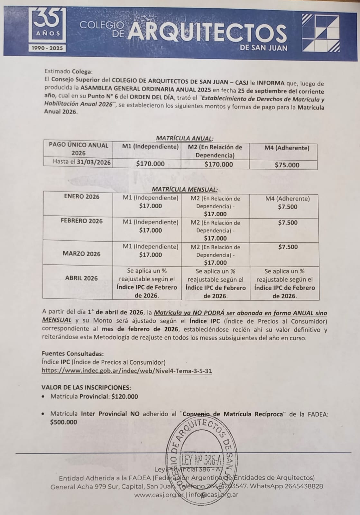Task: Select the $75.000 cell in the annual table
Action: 287,165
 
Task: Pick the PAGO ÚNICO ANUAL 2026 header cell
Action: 78,149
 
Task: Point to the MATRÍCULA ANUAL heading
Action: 185,138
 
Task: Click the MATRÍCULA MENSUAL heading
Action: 185,190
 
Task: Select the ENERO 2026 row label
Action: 82,197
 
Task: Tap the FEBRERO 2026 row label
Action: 82,221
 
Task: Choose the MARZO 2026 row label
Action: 81,254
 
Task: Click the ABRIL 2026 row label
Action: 81,278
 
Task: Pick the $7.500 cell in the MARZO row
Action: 288,247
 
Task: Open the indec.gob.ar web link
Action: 127,371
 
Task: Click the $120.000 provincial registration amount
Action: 125,397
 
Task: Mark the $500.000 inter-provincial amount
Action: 64,422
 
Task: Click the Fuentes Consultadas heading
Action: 73,353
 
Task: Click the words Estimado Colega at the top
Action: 69,71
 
